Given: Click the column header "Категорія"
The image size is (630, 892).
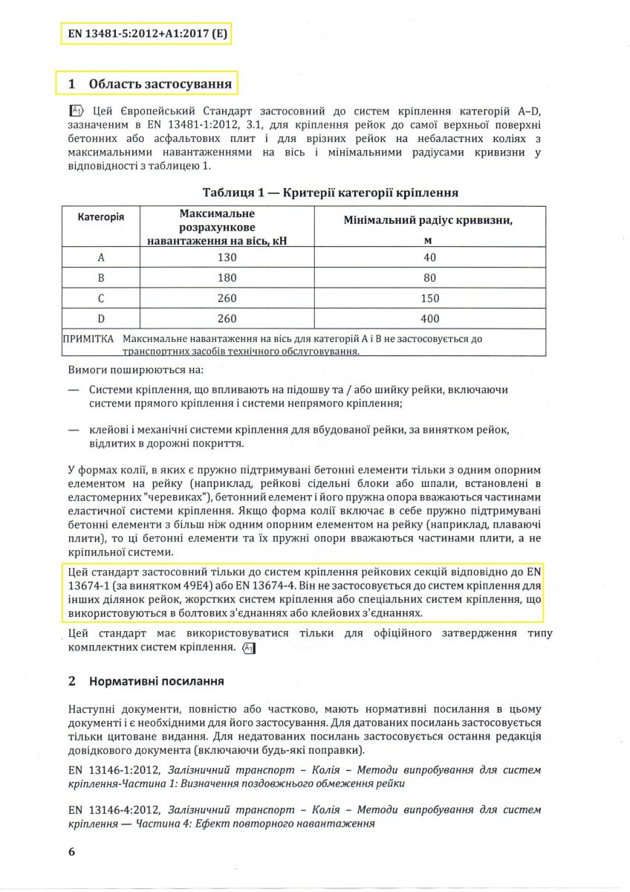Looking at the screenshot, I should point(101,216).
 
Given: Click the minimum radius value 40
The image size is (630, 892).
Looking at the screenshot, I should point(429,257).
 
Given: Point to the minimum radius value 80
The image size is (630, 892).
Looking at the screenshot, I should point(429,278).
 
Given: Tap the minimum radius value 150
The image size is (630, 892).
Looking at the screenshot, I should point(429,298).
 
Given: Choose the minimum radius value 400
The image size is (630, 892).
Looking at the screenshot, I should point(429,319).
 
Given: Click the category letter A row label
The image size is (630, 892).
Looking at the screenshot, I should point(101,257).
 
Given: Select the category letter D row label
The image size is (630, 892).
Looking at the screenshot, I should point(101,319).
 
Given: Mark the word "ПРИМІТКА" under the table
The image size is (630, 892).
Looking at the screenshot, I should point(89,339).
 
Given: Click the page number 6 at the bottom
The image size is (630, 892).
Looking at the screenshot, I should point(71,852).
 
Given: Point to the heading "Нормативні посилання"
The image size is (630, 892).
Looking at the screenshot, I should point(156,681).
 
